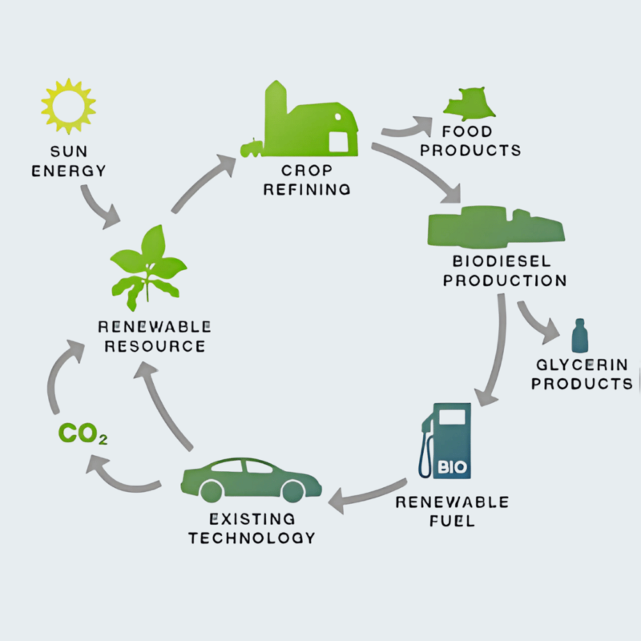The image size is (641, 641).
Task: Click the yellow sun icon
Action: coord(68,105)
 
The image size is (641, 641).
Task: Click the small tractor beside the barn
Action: coord(252,147)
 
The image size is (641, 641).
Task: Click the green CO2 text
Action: coord(83,435)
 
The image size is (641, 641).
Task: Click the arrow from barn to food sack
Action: coord(406,127)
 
